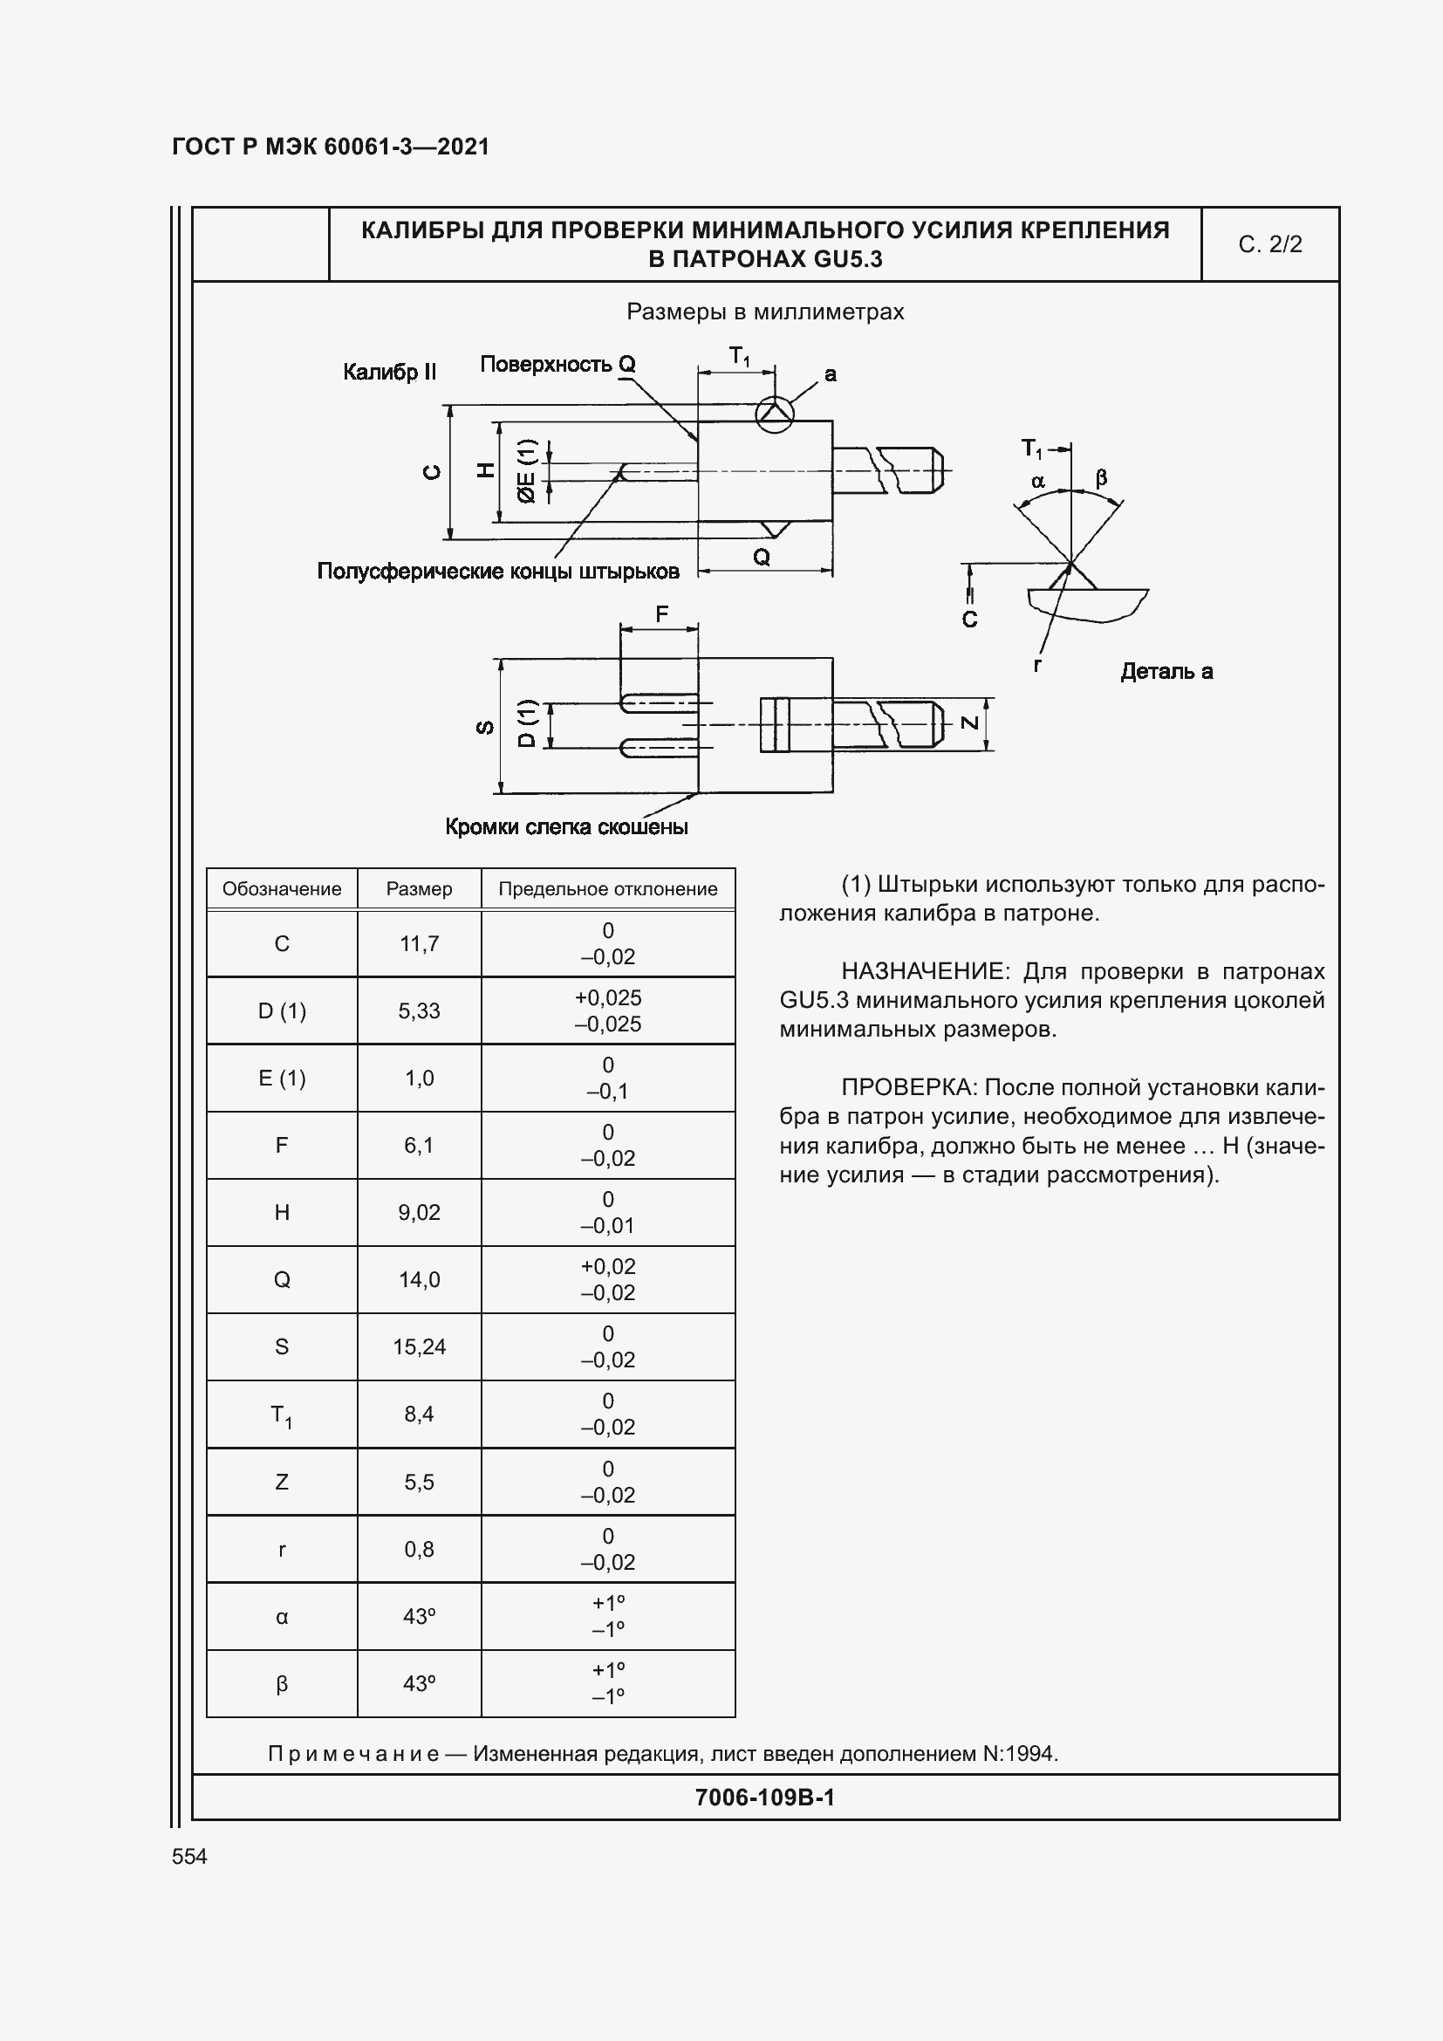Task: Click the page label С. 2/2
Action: click(1269, 244)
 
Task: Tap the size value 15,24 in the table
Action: click(419, 1346)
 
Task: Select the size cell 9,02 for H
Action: click(419, 1213)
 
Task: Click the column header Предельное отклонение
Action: click(608, 889)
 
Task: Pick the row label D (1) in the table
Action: click(282, 1010)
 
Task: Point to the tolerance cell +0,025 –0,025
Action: click(608, 1010)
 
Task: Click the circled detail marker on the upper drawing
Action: click(774, 414)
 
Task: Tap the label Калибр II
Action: click(389, 372)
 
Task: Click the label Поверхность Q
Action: click(557, 364)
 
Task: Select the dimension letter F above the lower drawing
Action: click(661, 613)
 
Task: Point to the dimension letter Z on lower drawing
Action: click(970, 723)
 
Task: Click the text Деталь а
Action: click(1166, 672)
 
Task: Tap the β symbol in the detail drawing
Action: click(1101, 478)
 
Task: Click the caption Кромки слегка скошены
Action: click(566, 827)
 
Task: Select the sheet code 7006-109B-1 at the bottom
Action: click(764, 1798)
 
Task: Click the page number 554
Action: click(189, 1856)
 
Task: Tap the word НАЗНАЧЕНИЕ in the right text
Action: click(924, 971)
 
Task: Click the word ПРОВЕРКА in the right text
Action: click(908, 1088)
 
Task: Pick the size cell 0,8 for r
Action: click(419, 1550)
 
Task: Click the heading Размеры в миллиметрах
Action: click(765, 312)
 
